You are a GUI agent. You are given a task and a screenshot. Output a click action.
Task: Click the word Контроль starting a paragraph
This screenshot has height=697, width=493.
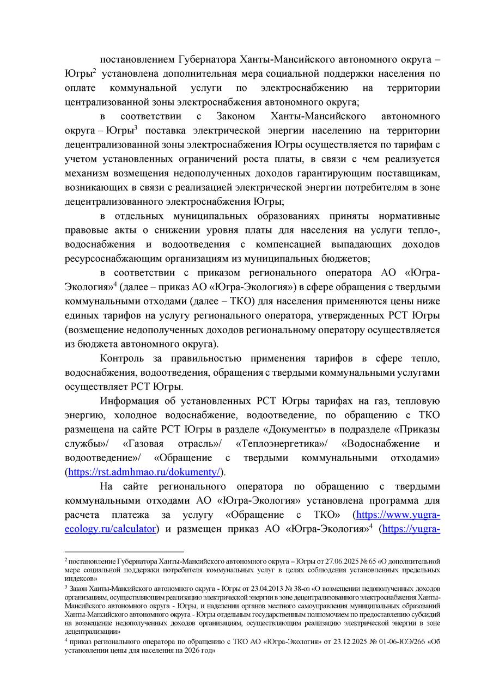pyautogui.click(x=122, y=358)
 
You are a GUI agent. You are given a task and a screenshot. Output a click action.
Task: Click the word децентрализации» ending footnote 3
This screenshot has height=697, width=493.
pyautogui.click(x=92, y=632)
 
